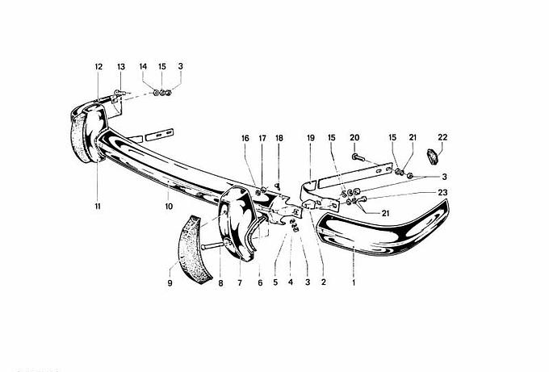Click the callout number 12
click(98, 66)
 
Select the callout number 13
click(121, 66)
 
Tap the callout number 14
click(143, 66)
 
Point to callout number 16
click(245, 138)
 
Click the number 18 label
click(279, 138)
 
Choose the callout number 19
click(311, 138)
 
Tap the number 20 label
click(354, 137)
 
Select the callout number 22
click(442, 137)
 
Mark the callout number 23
click(442, 192)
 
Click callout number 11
click(98, 206)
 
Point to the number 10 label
click(169, 206)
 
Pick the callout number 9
click(170, 282)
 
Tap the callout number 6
click(260, 282)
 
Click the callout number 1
click(354, 282)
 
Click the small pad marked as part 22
click(433, 157)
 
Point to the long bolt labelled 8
click(212, 245)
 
